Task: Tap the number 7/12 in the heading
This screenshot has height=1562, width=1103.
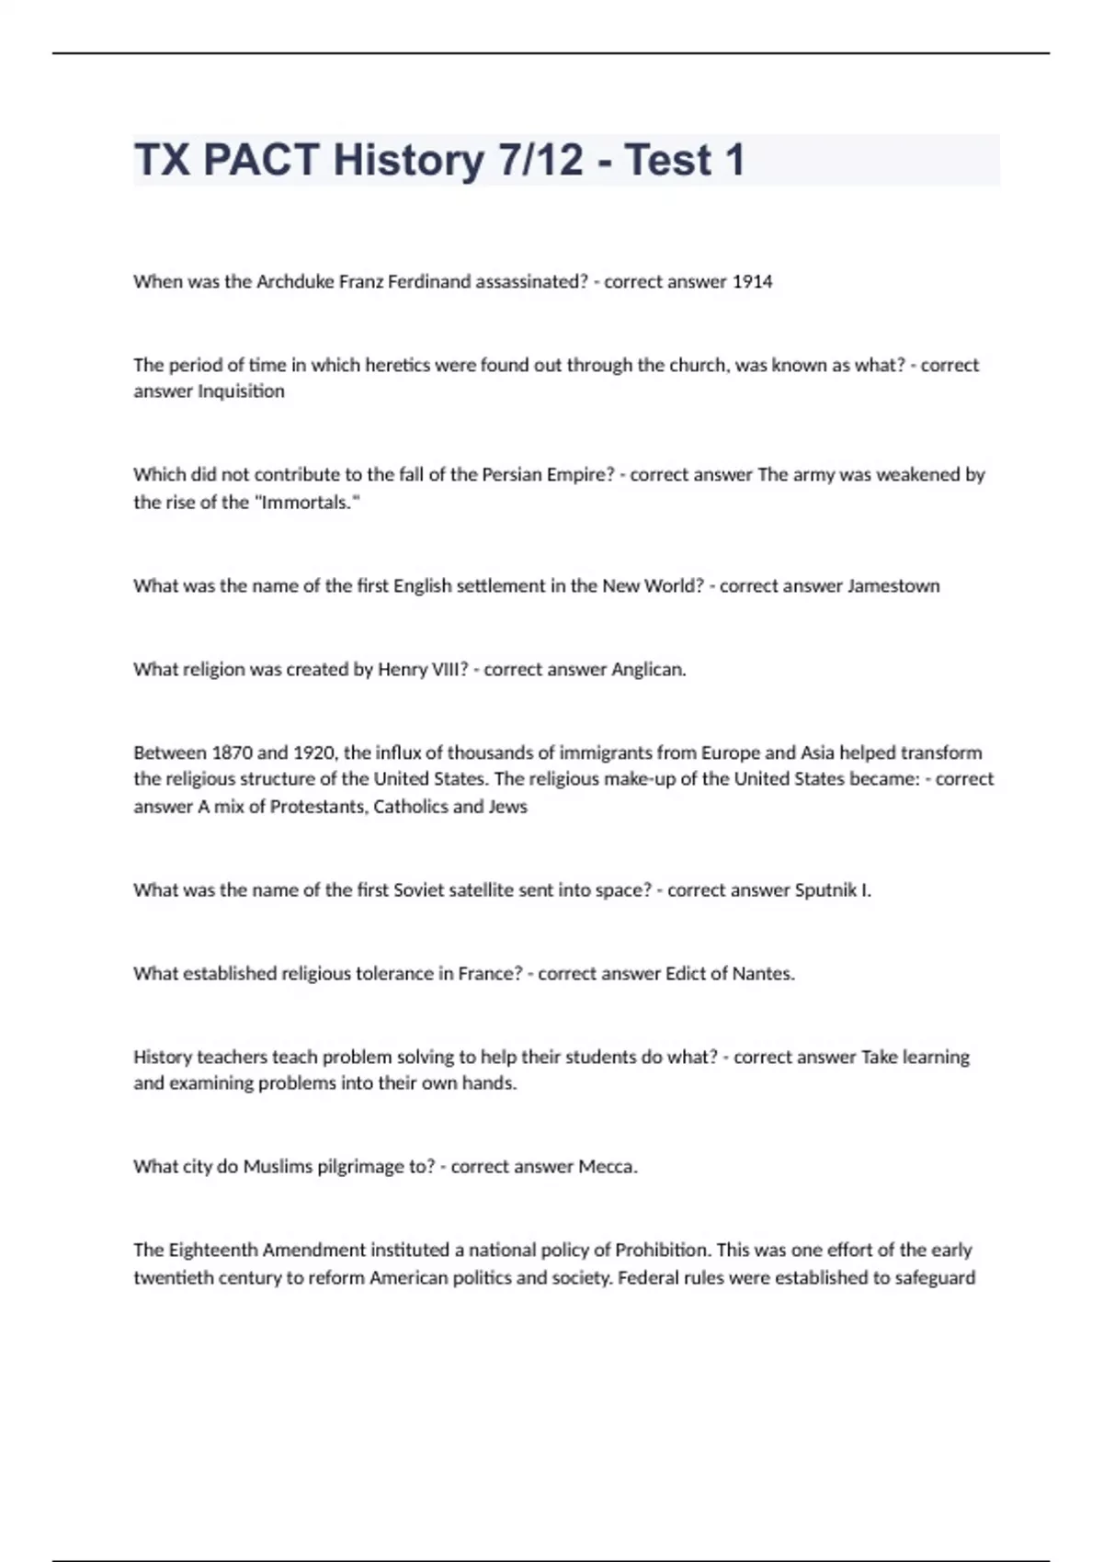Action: pos(541,160)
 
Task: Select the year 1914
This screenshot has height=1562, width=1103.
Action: pos(752,282)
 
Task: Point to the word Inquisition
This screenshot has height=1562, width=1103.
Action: pos(242,391)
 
